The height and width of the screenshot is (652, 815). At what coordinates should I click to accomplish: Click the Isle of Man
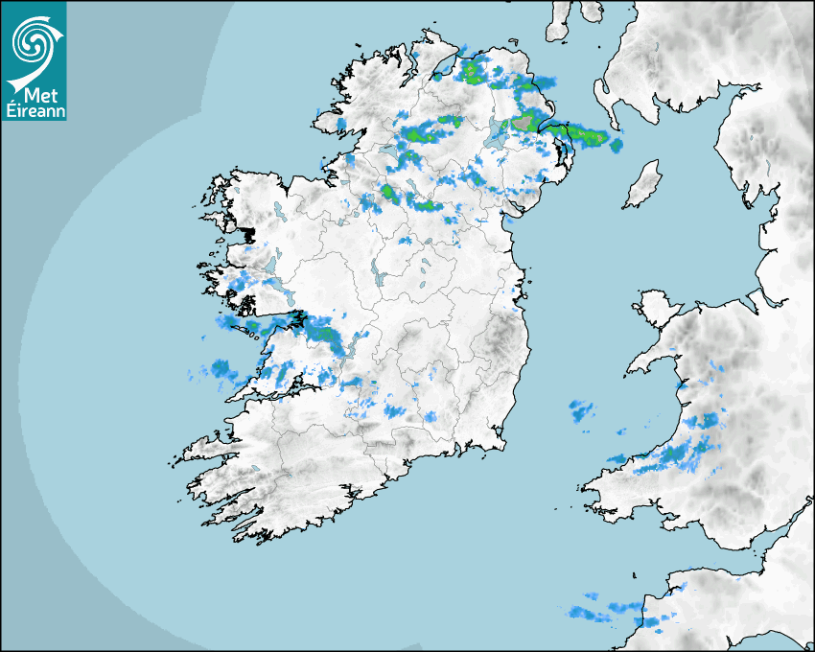tap(642, 184)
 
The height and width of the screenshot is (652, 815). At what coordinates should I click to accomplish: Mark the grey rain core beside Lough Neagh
tap(524, 122)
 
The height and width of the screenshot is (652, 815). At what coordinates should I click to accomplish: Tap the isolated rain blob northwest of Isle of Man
tap(616, 145)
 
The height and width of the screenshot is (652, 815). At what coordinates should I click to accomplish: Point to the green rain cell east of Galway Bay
tap(327, 335)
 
